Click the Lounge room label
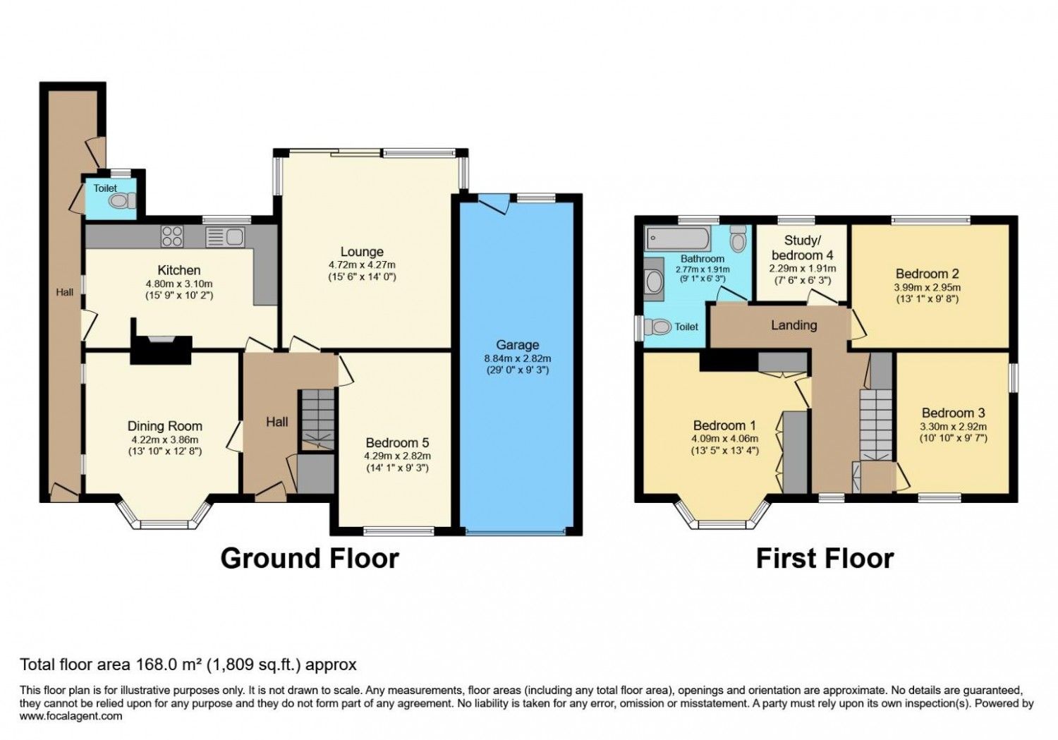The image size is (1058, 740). pyautogui.click(x=362, y=252)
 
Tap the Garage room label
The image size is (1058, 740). pyautogui.click(x=517, y=345)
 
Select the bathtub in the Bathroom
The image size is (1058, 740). pyautogui.click(x=678, y=239)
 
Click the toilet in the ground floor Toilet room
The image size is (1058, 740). pyautogui.click(x=122, y=201)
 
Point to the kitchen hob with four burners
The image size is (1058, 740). pyautogui.click(x=172, y=236)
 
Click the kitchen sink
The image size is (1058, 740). pyautogui.click(x=225, y=236)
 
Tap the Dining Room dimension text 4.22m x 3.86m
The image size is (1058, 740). pyautogui.click(x=165, y=439)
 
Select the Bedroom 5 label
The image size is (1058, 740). pyautogui.click(x=397, y=443)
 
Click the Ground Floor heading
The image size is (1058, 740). pyautogui.click(x=310, y=558)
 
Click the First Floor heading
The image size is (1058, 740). pyautogui.click(x=825, y=558)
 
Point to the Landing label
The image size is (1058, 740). pyautogui.click(x=793, y=325)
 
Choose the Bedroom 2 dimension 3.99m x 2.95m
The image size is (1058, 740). pyautogui.click(x=928, y=287)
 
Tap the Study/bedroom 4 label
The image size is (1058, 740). pyautogui.click(x=803, y=248)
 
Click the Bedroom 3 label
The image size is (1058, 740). pyautogui.click(x=953, y=413)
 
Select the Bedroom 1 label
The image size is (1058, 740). pyautogui.click(x=724, y=425)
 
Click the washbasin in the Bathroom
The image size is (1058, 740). pyautogui.click(x=654, y=281)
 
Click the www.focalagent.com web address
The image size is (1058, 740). pyautogui.click(x=71, y=716)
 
